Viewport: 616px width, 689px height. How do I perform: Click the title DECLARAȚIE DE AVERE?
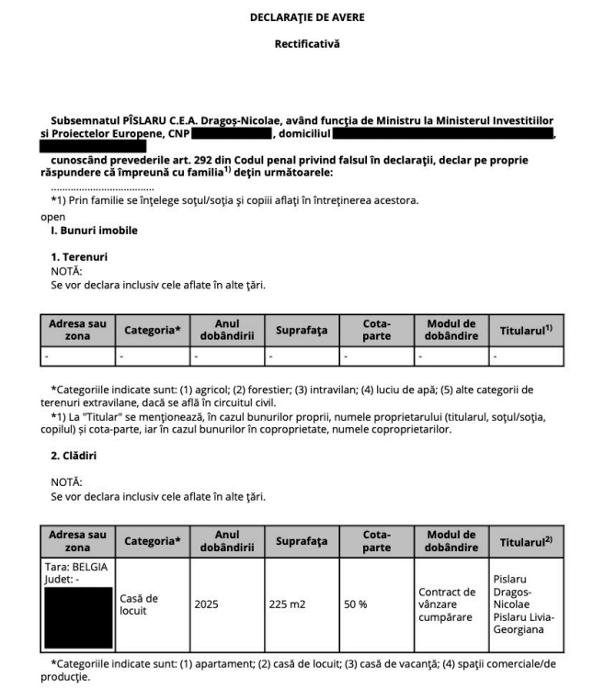(x=307, y=17)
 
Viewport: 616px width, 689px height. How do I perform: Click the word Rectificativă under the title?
(x=307, y=43)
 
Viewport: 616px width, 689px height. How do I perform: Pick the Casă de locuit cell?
(x=140, y=604)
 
